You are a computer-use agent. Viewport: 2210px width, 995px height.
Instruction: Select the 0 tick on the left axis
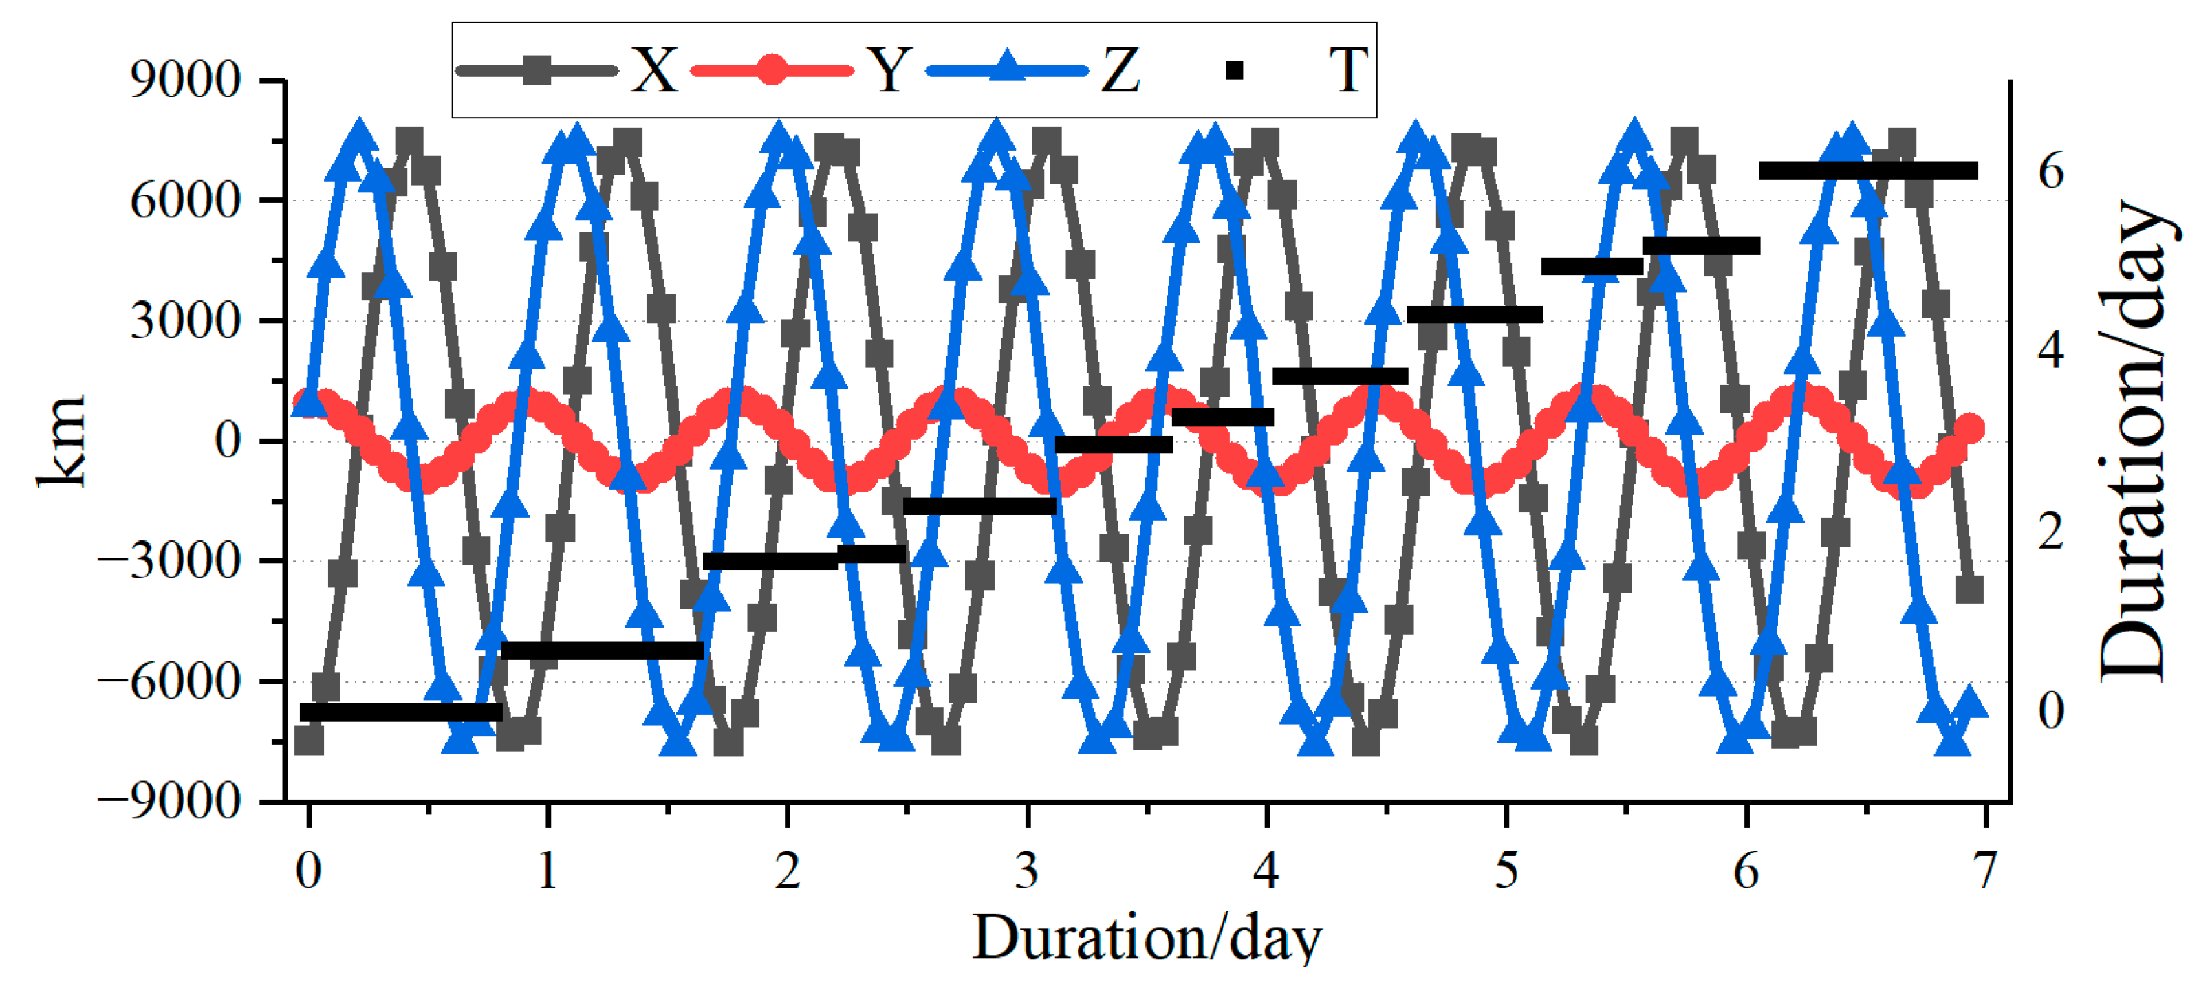(228, 441)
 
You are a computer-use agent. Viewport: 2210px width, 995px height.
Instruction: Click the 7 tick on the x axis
(1985, 870)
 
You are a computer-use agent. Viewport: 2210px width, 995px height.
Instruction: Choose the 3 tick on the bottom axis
(1027, 870)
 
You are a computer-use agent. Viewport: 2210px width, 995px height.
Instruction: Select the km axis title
(62, 441)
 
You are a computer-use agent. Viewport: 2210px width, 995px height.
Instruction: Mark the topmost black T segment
(1867, 171)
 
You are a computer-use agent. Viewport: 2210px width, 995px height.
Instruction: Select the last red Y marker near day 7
(1971, 428)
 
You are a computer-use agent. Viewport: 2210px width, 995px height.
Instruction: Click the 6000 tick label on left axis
(185, 201)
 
